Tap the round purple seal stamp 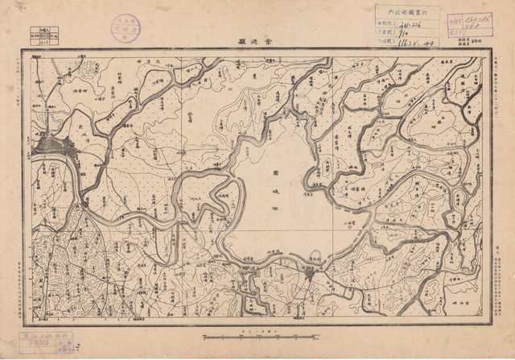point(126,28)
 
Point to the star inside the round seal point(126,28)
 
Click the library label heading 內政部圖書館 point(406,12)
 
